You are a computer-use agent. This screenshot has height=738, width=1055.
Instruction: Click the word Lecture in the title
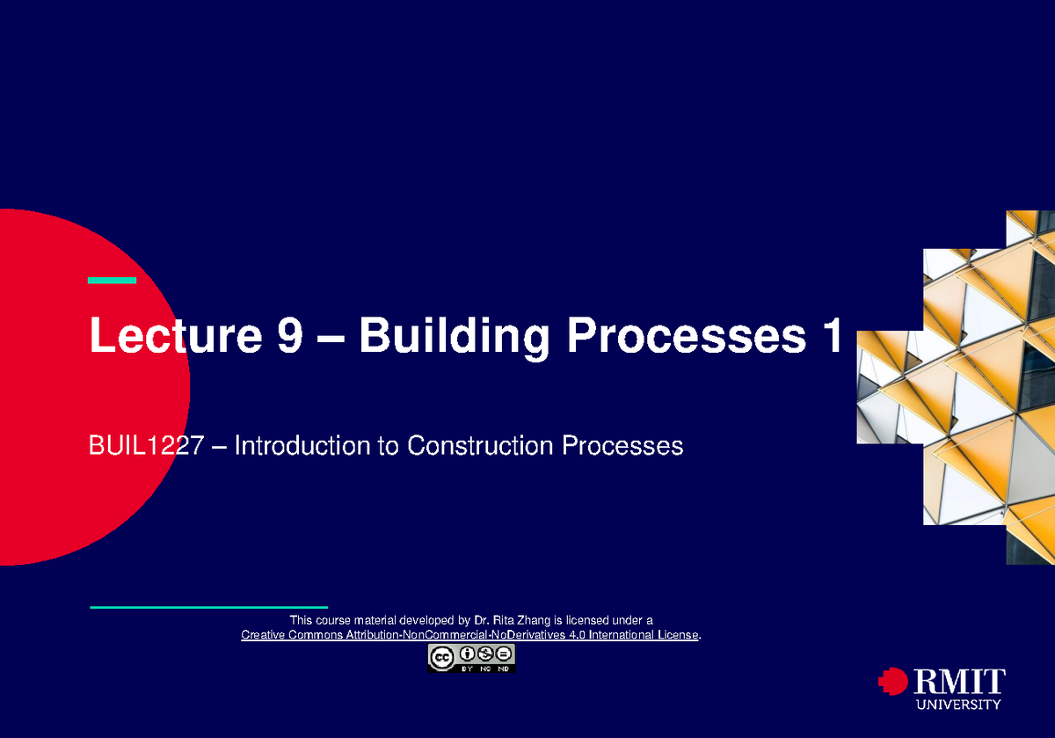coord(175,334)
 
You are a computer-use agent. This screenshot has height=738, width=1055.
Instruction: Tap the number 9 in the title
coord(289,334)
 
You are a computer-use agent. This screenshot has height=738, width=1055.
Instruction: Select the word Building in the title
coord(454,337)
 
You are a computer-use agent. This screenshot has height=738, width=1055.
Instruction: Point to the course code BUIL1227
coord(146,445)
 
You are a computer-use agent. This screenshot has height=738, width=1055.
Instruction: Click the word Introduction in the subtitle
coord(302,445)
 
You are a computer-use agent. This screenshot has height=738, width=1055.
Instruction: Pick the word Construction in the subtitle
coord(480,445)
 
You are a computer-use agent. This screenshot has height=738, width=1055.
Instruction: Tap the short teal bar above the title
coord(113,281)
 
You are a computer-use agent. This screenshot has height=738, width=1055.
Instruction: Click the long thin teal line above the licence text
coord(208,608)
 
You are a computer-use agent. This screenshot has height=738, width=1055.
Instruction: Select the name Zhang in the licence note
coord(534,620)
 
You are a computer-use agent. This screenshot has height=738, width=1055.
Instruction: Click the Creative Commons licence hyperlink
coord(469,635)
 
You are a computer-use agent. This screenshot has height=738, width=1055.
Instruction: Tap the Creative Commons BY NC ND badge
coord(471,658)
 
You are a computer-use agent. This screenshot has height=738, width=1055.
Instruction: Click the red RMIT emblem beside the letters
coord(893,681)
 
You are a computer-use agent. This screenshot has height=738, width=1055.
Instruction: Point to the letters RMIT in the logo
coord(960,681)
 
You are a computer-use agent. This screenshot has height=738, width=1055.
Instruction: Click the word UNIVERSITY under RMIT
coord(958,705)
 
